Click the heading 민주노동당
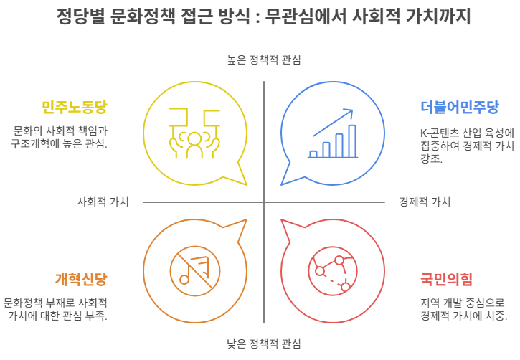74,108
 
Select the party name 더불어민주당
459,108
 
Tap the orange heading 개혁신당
81,278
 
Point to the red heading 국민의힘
446,278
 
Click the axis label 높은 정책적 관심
263,60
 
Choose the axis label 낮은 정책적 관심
263,343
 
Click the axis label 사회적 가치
103,202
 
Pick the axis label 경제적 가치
425,202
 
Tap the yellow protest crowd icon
194,133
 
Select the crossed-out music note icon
193,270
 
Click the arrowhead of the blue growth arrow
350,112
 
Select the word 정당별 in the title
80,16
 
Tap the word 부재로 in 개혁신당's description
72,303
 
